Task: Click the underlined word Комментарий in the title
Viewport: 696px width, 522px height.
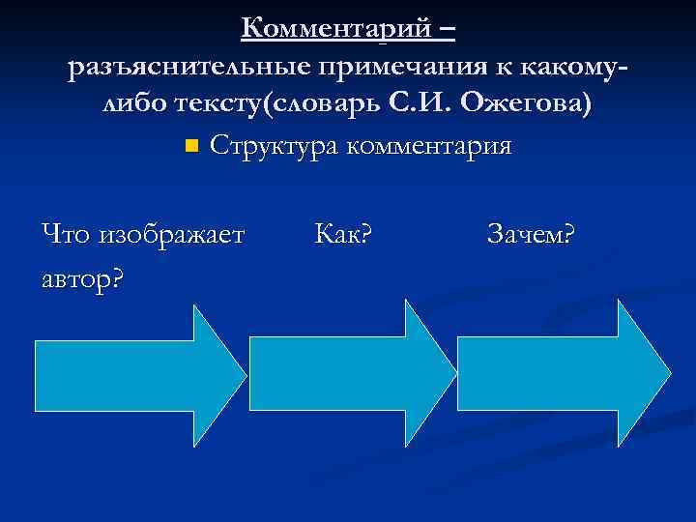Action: click(x=334, y=29)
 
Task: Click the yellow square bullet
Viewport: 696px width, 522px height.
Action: click(x=189, y=147)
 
